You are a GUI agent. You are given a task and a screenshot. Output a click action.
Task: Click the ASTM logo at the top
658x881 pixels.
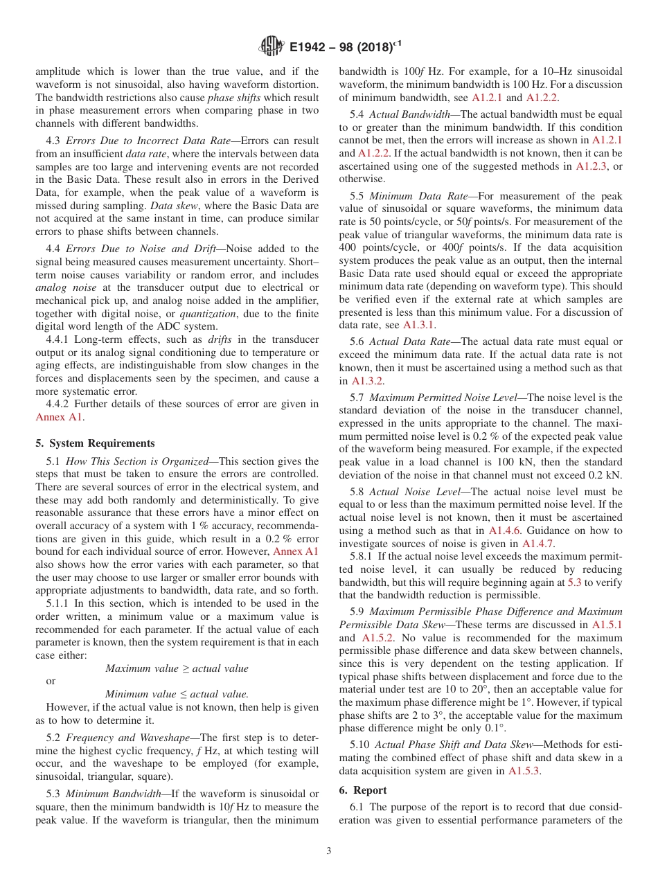(x=271, y=46)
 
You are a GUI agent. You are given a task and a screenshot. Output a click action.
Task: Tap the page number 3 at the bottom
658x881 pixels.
(x=329, y=851)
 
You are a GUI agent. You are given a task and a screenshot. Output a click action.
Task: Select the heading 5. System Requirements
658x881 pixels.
(x=95, y=443)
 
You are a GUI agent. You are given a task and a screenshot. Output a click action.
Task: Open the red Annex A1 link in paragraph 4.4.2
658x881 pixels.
(x=59, y=416)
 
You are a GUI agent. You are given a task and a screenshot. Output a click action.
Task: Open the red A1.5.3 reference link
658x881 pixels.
(x=524, y=770)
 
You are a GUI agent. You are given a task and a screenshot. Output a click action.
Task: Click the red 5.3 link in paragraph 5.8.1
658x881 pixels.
(x=574, y=582)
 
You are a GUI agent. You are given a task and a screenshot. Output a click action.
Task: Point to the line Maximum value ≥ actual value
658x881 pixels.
(x=177, y=668)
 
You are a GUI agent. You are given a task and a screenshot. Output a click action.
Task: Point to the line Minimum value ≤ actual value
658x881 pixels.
(x=177, y=693)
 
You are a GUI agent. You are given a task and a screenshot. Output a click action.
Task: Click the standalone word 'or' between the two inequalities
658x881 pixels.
(x=51, y=681)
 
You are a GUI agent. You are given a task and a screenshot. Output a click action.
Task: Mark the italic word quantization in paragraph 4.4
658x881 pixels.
(x=208, y=314)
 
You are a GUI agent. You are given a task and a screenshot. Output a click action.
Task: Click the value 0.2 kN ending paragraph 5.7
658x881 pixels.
(x=605, y=474)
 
